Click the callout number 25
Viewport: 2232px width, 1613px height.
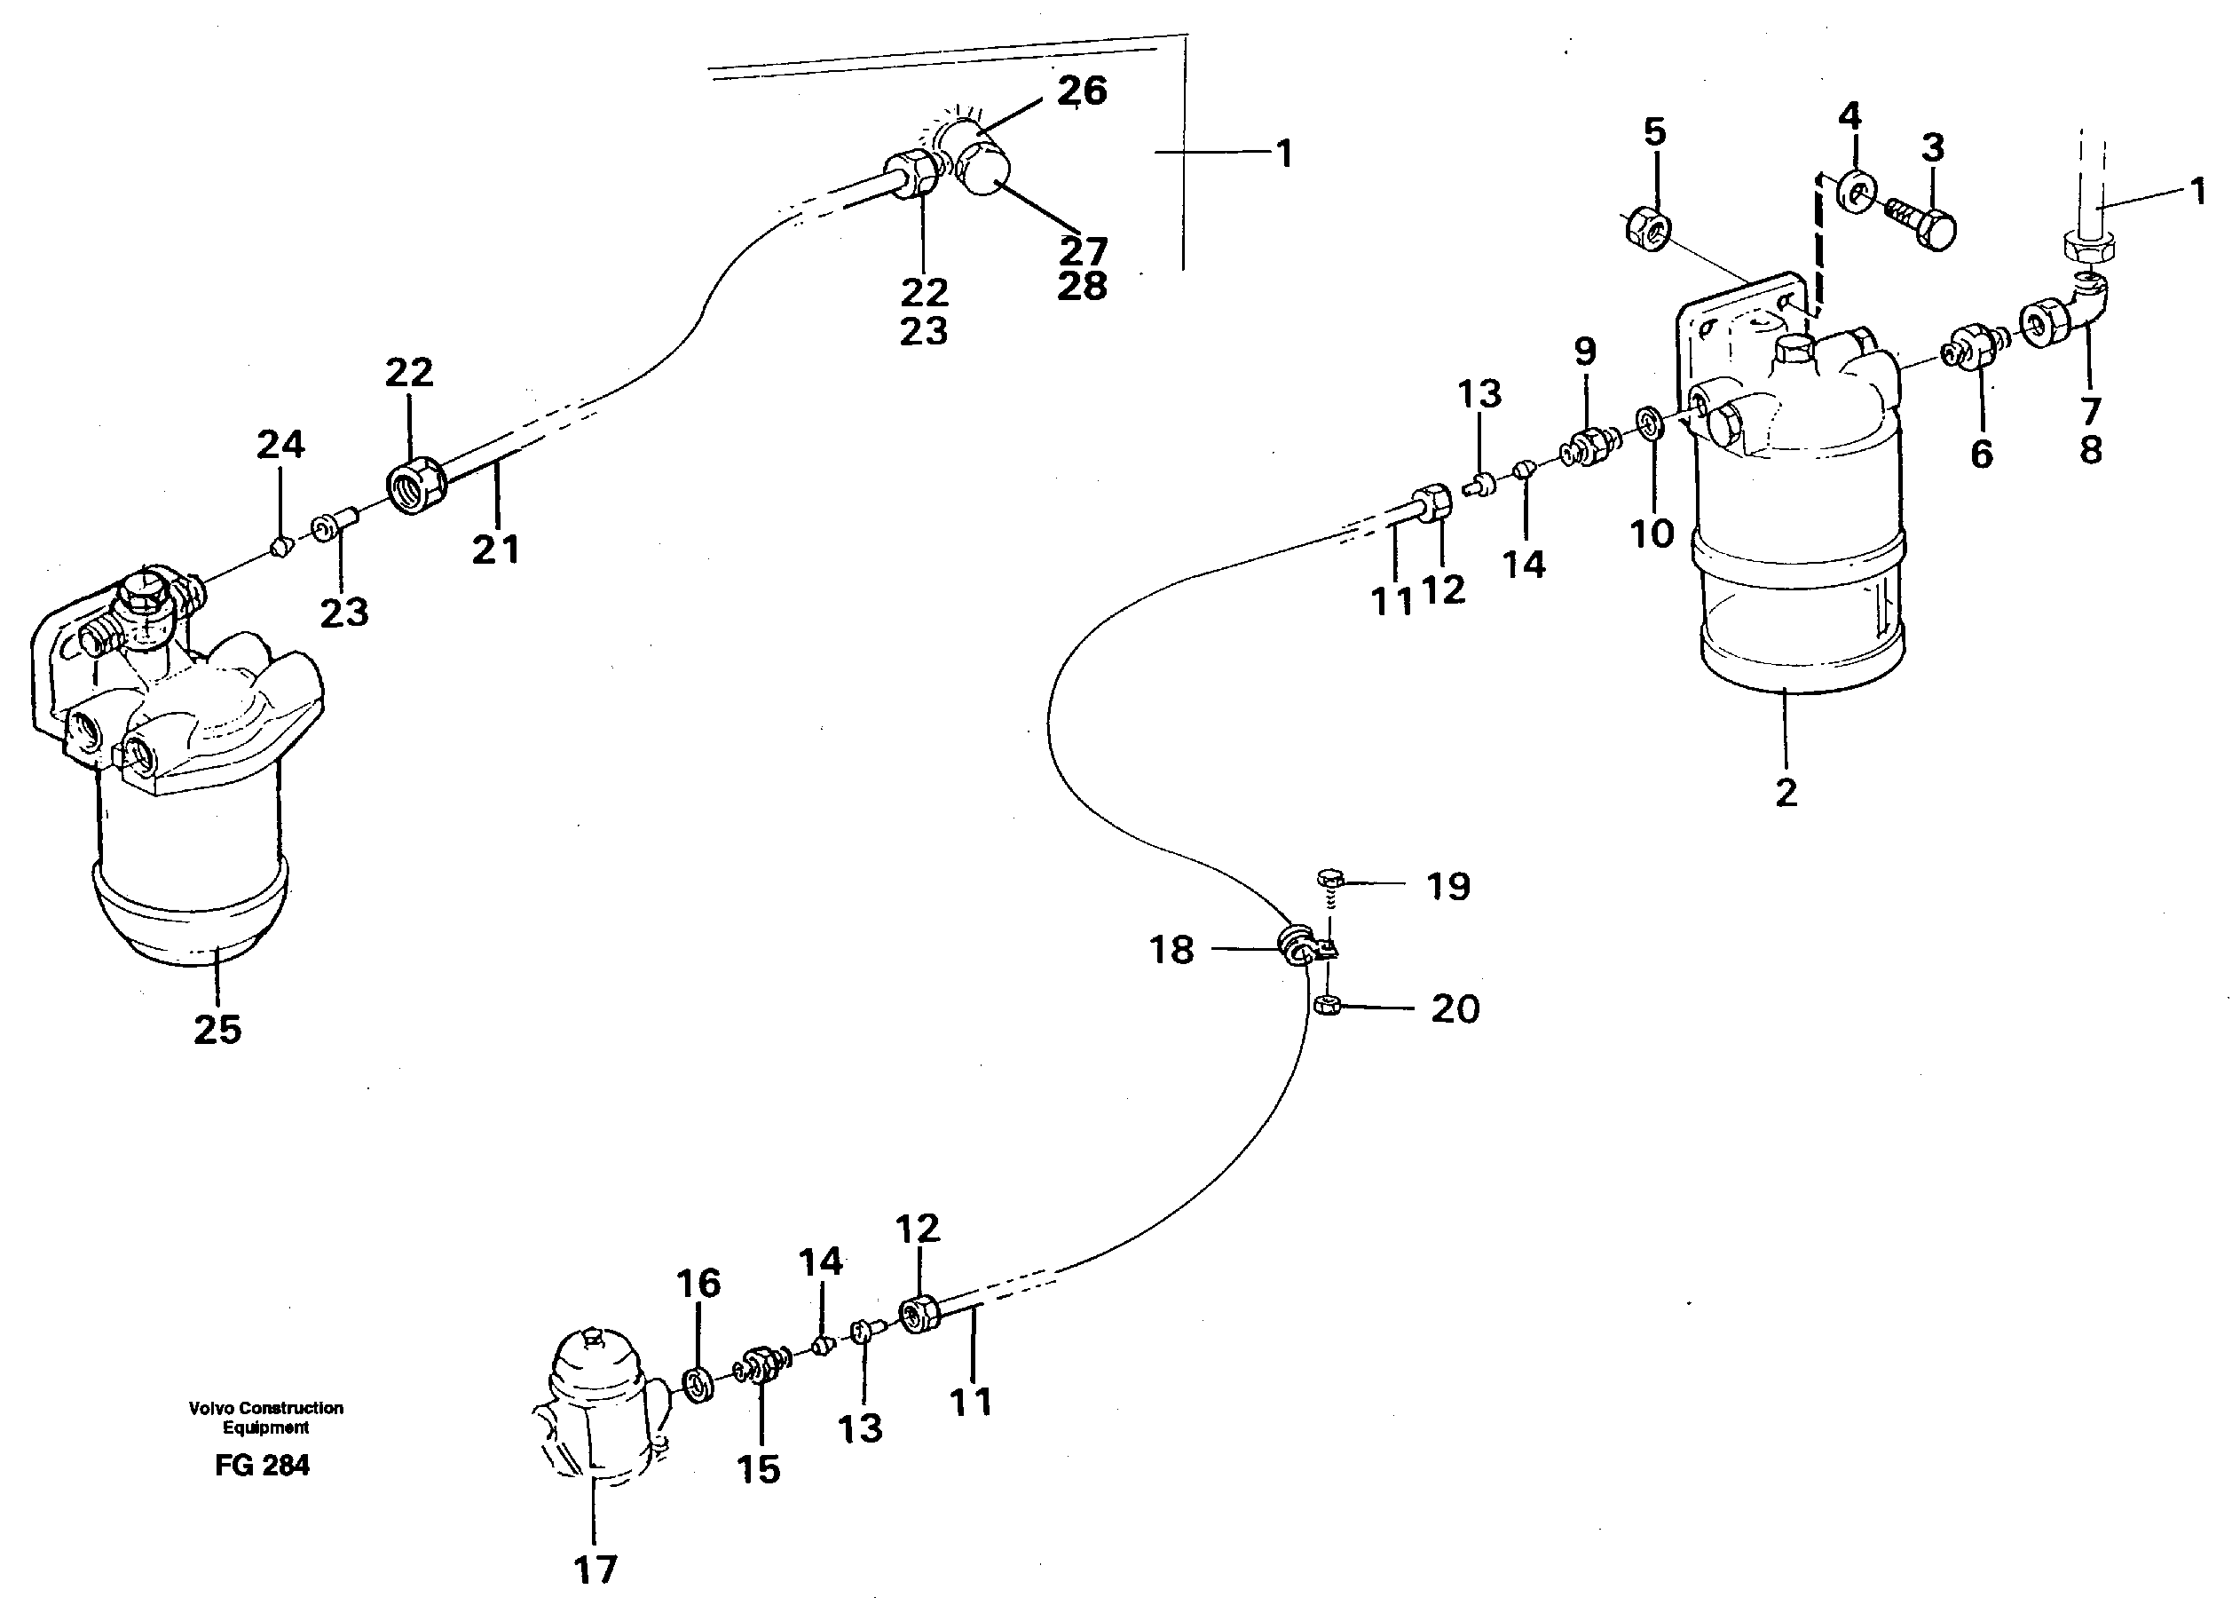point(217,1030)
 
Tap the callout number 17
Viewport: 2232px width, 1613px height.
point(595,1570)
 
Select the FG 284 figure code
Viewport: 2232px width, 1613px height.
point(262,1466)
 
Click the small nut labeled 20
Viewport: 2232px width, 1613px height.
point(1327,1005)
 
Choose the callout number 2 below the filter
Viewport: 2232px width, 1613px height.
point(1786,792)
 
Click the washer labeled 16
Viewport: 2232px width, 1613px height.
point(698,1385)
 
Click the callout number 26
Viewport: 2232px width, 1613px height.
point(1082,91)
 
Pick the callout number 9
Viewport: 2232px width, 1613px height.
point(1584,352)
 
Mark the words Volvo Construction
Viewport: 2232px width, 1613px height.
point(265,1407)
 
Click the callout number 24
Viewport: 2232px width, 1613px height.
point(280,445)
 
